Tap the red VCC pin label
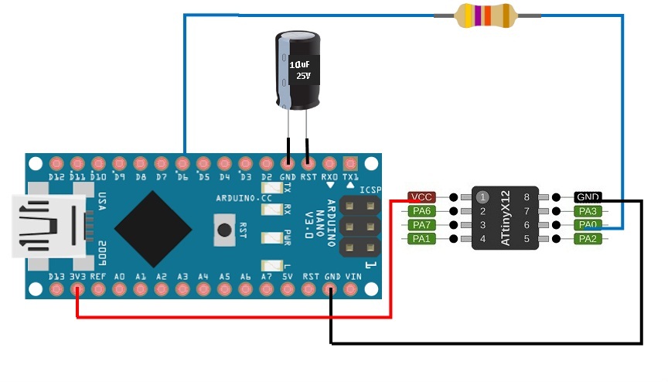pyautogui.click(x=423, y=197)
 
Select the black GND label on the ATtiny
pyautogui.click(x=588, y=197)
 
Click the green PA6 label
pyautogui.click(x=422, y=211)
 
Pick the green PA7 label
pyautogui.click(x=422, y=225)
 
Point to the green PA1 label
pyautogui.click(x=422, y=239)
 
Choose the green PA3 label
pyautogui.click(x=588, y=211)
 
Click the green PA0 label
pyautogui.click(x=588, y=225)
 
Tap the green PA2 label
pyautogui.click(x=588, y=239)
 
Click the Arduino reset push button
pyautogui.click(x=224, y=230)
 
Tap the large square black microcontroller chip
pyautogui.click(x=153, y=227)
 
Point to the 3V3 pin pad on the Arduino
pyautogui.click(x=77, y=290)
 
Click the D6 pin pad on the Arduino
pyautogui.click(x=182, y=164)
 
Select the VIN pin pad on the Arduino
pyautogui.click(x=352, y=290)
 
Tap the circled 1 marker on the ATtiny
pyautogui.click(x=482, y=197)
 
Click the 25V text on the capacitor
pyautogui.click(x=303, y=77)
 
